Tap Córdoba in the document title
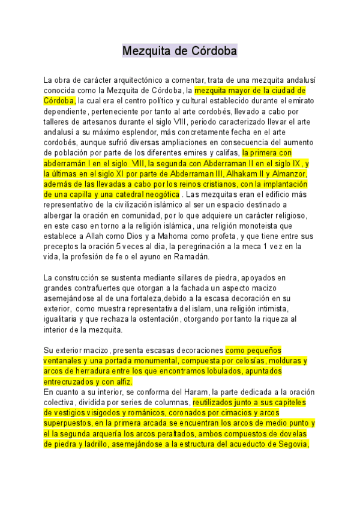pyautogui.click(x=209, y=51)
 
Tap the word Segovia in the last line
pyautogui.click(x=291, y=445)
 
